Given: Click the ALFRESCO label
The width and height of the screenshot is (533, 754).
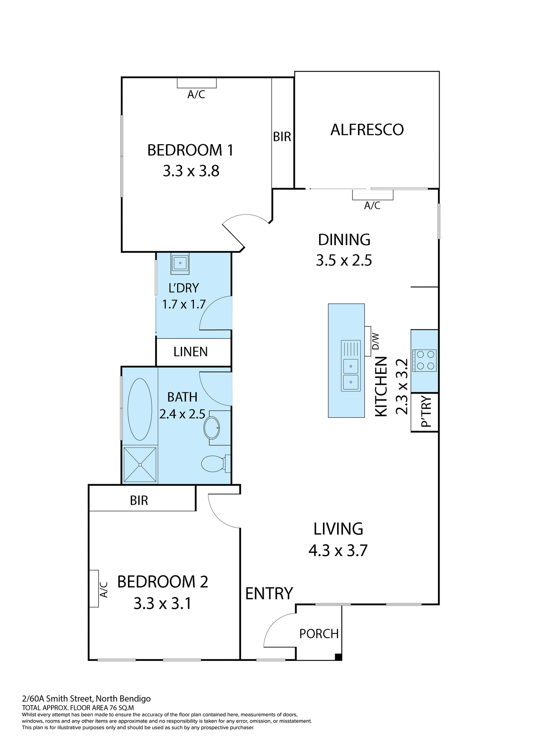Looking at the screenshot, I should pos(367,130).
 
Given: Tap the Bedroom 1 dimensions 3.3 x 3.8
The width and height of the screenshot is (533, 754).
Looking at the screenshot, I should pos(191,171).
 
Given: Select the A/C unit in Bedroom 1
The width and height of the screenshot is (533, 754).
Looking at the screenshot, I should pos(196,82).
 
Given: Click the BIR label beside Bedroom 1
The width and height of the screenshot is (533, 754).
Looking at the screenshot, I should pos(282,137).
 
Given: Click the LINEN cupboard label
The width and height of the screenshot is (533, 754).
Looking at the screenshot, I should pos(190,351).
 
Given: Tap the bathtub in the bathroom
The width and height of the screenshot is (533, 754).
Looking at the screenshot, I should pos(139,408).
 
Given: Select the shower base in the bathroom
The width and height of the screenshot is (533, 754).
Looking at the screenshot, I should pos(140,464).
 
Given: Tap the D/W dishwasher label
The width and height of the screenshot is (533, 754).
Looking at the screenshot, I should pos(376,341).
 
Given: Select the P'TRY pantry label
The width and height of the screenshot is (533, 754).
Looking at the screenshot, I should pos(425,412).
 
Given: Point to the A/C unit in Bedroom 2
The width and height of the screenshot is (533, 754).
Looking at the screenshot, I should pos(94,588).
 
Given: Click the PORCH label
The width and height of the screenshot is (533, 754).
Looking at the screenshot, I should pos(319,633).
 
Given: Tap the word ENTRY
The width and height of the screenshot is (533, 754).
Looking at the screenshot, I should pos(269,593).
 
